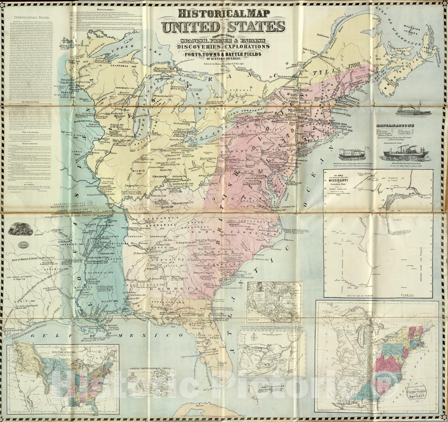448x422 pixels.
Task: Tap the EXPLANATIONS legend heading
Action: (395, 125)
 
